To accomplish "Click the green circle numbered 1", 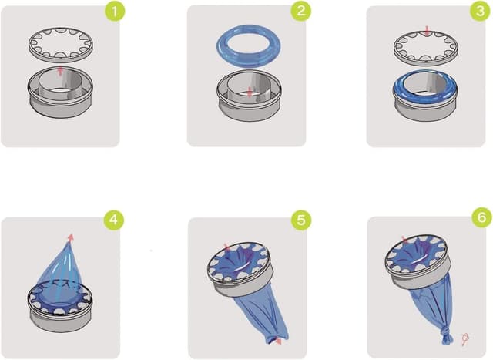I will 114,13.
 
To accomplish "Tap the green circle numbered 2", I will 299,13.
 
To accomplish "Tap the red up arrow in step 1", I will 60,71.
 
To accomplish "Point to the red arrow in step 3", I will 427,30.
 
